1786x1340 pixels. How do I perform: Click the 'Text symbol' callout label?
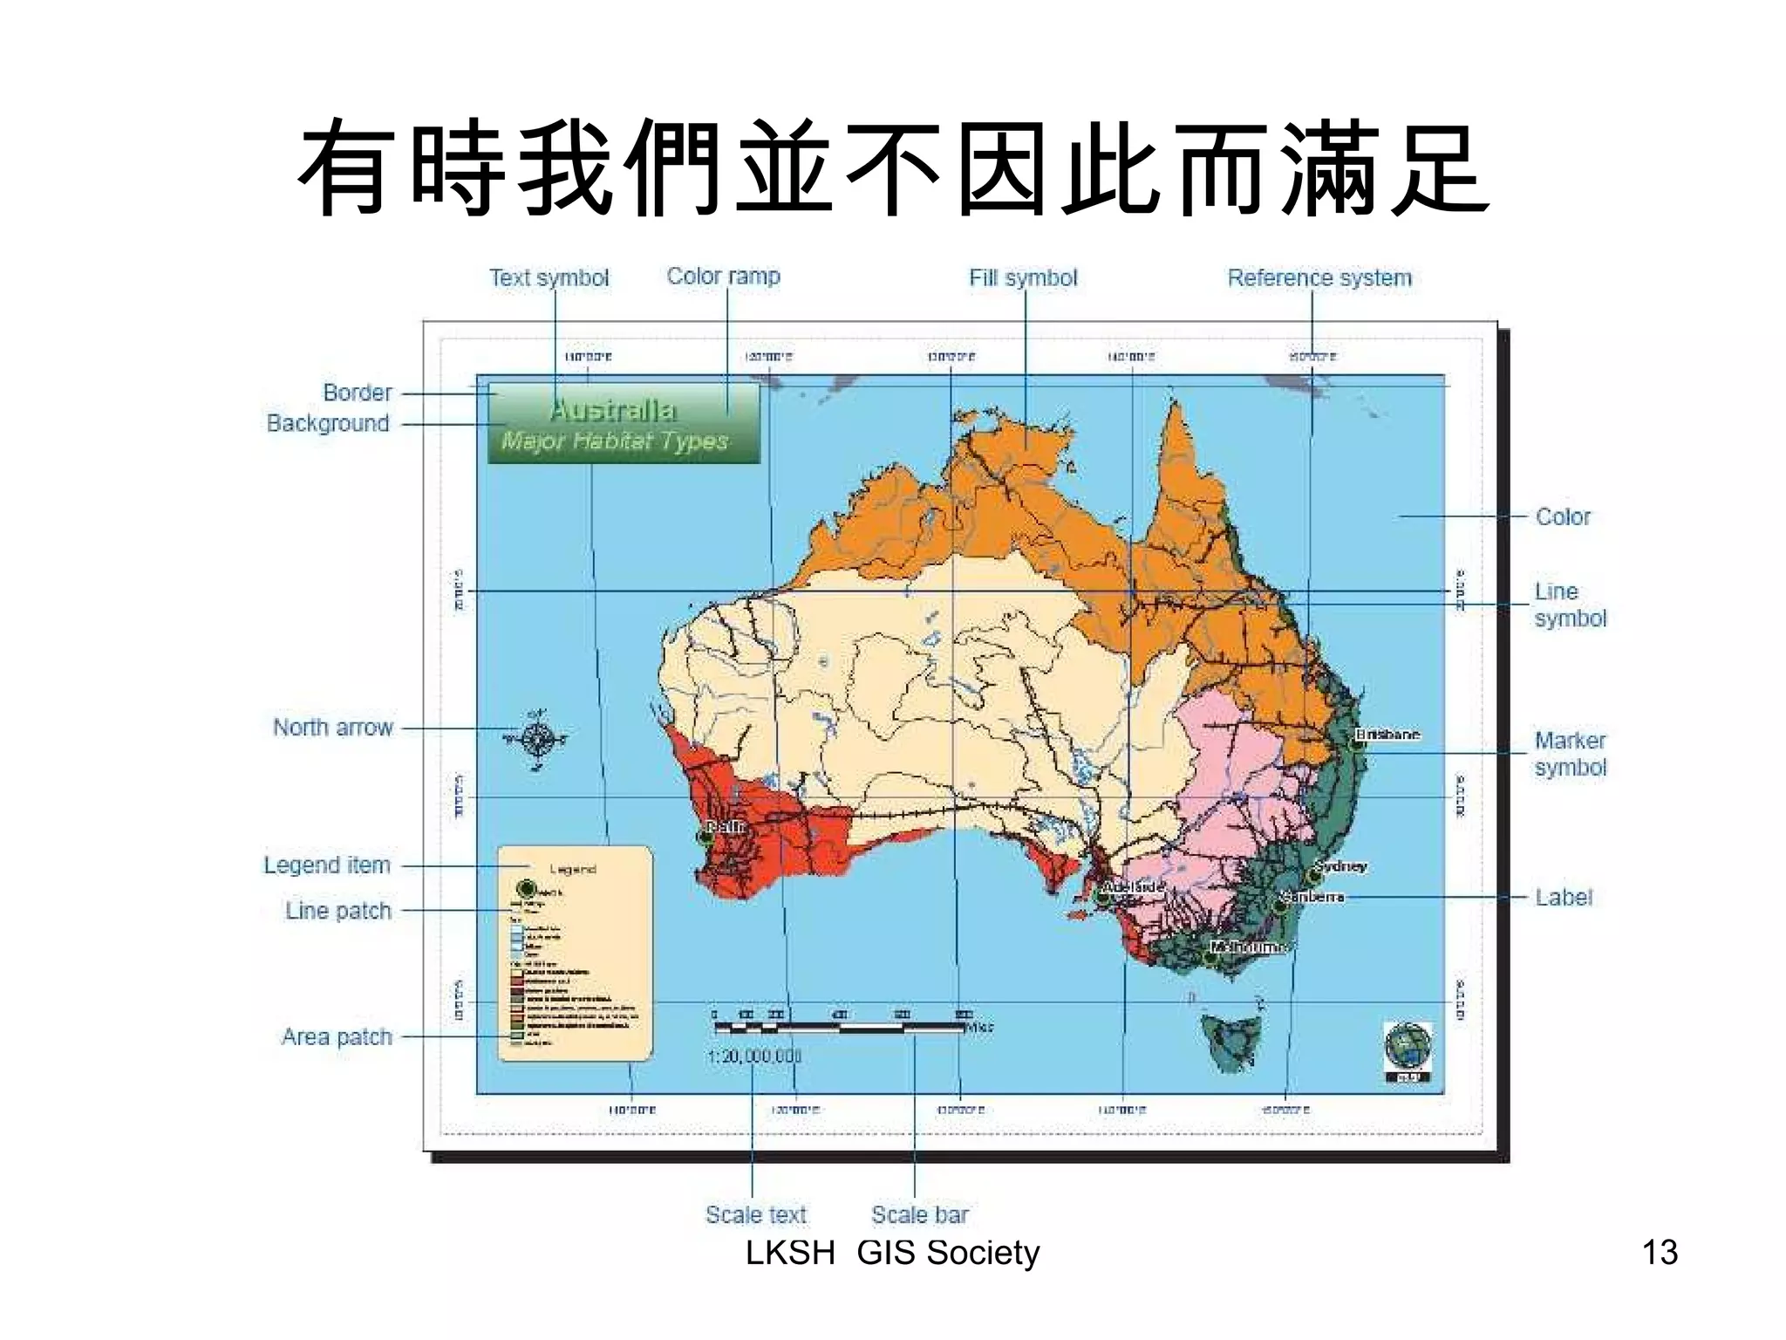(549, 278)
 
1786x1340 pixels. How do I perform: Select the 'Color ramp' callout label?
(723, 277)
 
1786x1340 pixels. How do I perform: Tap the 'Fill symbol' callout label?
(1023, 278)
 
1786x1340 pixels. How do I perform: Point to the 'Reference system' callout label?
(1319, 278)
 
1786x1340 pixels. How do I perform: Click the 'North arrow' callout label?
(332, 728)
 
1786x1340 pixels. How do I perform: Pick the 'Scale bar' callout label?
(920, 1214)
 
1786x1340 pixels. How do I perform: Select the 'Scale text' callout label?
(756, 1214)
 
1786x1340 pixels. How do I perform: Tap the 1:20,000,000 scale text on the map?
(753, 1056)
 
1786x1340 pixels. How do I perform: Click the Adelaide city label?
(1132, 887)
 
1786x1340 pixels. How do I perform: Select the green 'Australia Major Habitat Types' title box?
(623, 424)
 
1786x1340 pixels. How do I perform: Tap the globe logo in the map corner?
(1408, 1047)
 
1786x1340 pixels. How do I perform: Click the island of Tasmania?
(1231, 1040)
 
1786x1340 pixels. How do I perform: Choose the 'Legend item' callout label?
(327, 865)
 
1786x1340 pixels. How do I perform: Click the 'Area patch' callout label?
(337, 1037)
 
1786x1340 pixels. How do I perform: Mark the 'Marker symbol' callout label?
(1570, 754)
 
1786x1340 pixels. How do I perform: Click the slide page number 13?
(1659, 1253)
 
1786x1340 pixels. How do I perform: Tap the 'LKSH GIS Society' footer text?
(892, 1253)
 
